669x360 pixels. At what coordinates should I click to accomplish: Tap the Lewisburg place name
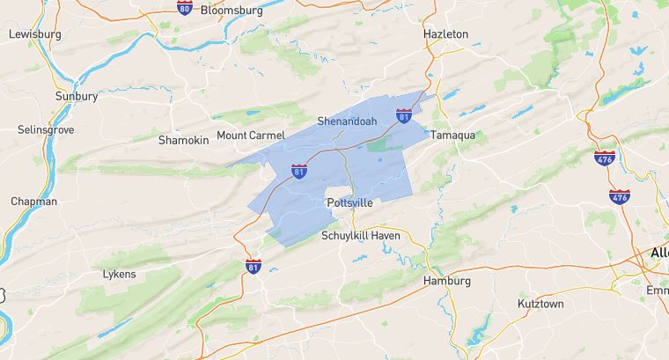pyautogui.click(x=34, y=34)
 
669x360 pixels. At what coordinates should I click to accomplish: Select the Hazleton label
pyautogui.click(x=446, y=33)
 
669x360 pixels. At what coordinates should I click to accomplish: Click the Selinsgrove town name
pyautogui.click(x=46, y=129)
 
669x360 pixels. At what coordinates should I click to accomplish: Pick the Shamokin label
pyautogui.click(x=183, y=140)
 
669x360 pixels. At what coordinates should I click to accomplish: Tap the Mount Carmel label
pyautogui.click(x=251, y=136)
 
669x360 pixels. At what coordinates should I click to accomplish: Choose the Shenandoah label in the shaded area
pyautogui.click(x=347, y=121)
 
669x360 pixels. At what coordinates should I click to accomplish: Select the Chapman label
pyautogui.click(x=33, y=202)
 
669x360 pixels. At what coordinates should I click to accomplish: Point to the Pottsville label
pyautogui.click(x=349, y=202)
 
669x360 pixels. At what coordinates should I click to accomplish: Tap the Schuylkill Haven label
pyautogui.click(x=361, y=236)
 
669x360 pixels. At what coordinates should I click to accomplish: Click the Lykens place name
pyautogui.click(x=119, y=274)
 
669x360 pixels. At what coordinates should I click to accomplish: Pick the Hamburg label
pyautogui.click(x=447, y=281)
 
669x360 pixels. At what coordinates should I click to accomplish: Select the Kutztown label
pyautogui.click(x=540, y=304)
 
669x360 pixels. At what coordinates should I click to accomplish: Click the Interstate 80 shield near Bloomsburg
pyautogui.click(x=184, y=8)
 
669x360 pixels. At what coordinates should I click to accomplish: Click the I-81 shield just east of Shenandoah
pyautogui.click(x=403, y=116)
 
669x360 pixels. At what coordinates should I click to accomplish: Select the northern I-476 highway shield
pyautogui.click(x=603, y=158)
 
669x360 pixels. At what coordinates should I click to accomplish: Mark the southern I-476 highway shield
pyautogui.click(x=620, y=196)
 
